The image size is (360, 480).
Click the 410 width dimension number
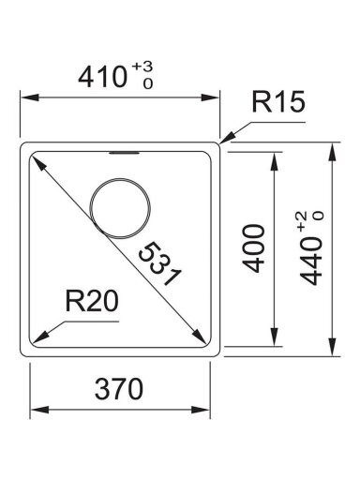point(102,78)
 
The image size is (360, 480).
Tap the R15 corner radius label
point(277,102)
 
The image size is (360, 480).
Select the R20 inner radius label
point(92,301)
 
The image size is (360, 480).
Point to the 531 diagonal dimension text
point(159,263)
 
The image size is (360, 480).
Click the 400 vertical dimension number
point(254,248)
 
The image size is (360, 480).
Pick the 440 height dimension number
point(311,261)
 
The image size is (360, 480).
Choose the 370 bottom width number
point(119,389)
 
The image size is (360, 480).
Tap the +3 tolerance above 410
point(142,67)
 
